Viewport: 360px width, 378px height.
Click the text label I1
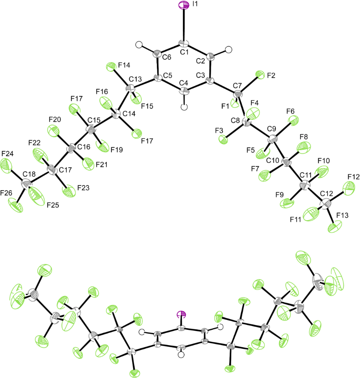point(195,4)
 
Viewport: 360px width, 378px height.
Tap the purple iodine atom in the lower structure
point(181,314)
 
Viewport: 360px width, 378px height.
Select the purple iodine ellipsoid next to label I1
point(184,5)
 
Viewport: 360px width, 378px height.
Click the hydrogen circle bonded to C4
point(184,107)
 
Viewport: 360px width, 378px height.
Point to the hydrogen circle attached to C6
point(139,45)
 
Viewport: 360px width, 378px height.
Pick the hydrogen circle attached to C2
point(228,50)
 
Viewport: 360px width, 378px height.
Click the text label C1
point(184,52)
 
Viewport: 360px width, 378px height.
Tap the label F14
point(124,65)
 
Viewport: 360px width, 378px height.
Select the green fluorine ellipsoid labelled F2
point(260,74)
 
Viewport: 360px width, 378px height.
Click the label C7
point(237,85)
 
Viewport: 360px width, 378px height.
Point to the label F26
point(6,193)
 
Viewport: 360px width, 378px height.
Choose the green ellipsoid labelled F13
point(335,227)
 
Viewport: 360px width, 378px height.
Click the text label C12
point(326,193)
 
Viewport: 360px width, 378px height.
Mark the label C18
point(29,174)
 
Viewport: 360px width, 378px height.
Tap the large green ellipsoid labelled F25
point(36,196)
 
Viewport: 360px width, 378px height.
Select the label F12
point(354,177)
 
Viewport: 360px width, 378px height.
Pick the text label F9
point(279,195)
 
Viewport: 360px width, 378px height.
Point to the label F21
point(102,164)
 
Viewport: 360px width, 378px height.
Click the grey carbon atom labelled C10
point(286,163)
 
